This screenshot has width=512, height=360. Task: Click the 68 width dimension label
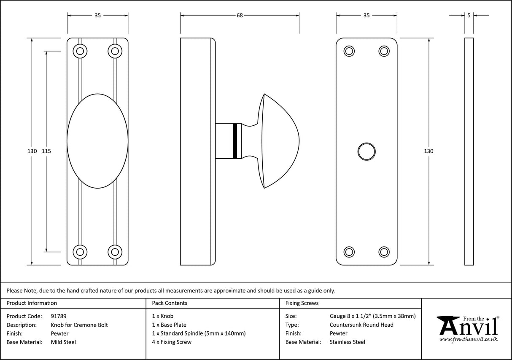(x=240, y=16)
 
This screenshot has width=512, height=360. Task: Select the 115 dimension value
(x=46, y=151)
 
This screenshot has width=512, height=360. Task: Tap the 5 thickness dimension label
(x=469, y=16)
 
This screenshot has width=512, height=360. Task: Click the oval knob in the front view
(x=97, y=141)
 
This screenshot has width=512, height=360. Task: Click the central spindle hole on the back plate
(x=366, y=151)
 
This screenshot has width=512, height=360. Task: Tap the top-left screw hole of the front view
(x=80, y=51)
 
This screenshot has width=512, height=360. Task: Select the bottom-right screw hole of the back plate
(x=383, y=252)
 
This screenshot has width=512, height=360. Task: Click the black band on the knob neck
(x=234, y=141)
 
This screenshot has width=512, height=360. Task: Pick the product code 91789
(x=59, y=316)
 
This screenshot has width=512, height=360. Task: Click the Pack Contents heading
(x=170, y=303)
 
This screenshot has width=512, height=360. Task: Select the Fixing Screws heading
(x=302, y=303)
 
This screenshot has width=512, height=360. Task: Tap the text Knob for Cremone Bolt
(x=79, y=325)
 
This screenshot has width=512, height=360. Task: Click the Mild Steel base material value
(x=63, y=342)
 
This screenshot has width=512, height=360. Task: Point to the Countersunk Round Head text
(x=361, y=325)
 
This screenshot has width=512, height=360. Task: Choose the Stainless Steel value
(x=347, y=342)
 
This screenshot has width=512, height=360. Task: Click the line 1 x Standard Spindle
(x=199, y=333)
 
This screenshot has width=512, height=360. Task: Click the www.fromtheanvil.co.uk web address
(x=468, y=339)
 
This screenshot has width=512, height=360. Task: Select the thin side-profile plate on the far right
(x=469, y=151)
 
